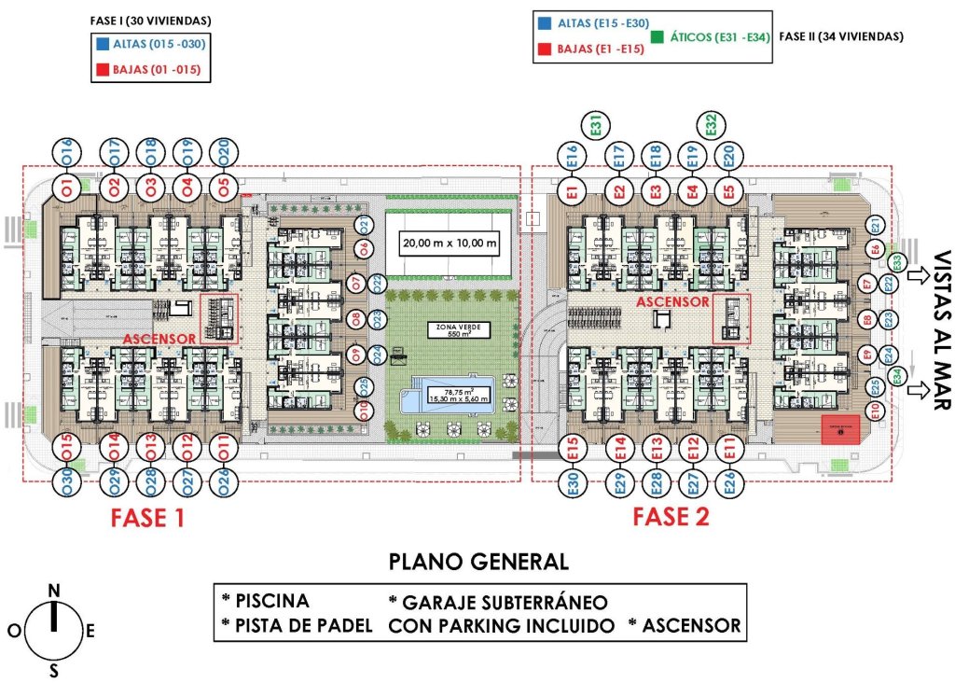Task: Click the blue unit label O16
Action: click(x=67, y=150)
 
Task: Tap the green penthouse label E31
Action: click(x=594, y=124)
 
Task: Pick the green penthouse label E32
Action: click(x=711, y=124)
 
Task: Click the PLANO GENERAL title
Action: click(x=477, y=562)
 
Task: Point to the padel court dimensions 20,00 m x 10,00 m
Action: click(x=450, y=244)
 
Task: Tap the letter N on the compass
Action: click(x=54, y=590)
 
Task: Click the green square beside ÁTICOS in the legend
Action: click(x=658, y=37)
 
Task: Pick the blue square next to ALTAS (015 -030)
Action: click(x=100, y=44)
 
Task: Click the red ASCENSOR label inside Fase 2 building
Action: click(x=672, y=302)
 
